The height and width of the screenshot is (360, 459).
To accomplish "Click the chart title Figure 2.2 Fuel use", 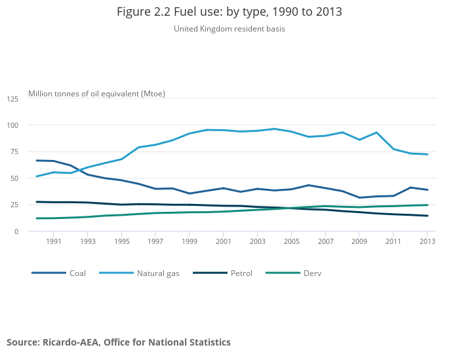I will (x=229, y=12).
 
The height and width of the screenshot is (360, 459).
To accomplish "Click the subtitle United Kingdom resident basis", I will (x=229, y=29).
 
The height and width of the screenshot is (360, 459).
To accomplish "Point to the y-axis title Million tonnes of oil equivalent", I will (x=96, y=94).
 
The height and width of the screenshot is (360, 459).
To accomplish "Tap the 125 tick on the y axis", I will (x=13, y=99).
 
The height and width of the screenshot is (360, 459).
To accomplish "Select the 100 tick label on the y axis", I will (x=13, y=125).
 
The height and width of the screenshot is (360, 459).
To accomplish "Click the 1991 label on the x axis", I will (x=54, y=241).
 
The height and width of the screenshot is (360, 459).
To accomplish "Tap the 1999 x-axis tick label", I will (x=190, y=241).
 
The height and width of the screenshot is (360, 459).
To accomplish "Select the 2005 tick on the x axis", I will (x=291, y=241).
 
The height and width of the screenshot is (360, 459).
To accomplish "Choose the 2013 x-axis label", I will (x=427, y=241).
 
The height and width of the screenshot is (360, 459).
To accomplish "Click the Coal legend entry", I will (x=77, y=273).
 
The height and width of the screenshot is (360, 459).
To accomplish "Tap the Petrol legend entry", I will (x=241, y=273).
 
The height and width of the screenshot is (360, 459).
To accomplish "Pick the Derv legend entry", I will (x=312, y=273).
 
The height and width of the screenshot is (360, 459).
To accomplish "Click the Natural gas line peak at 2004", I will (x=274, y=129).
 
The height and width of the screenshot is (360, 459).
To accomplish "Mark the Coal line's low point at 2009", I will (x=359, y=197).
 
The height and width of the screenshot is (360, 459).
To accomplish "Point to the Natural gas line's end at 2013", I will (x=428, y=154).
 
